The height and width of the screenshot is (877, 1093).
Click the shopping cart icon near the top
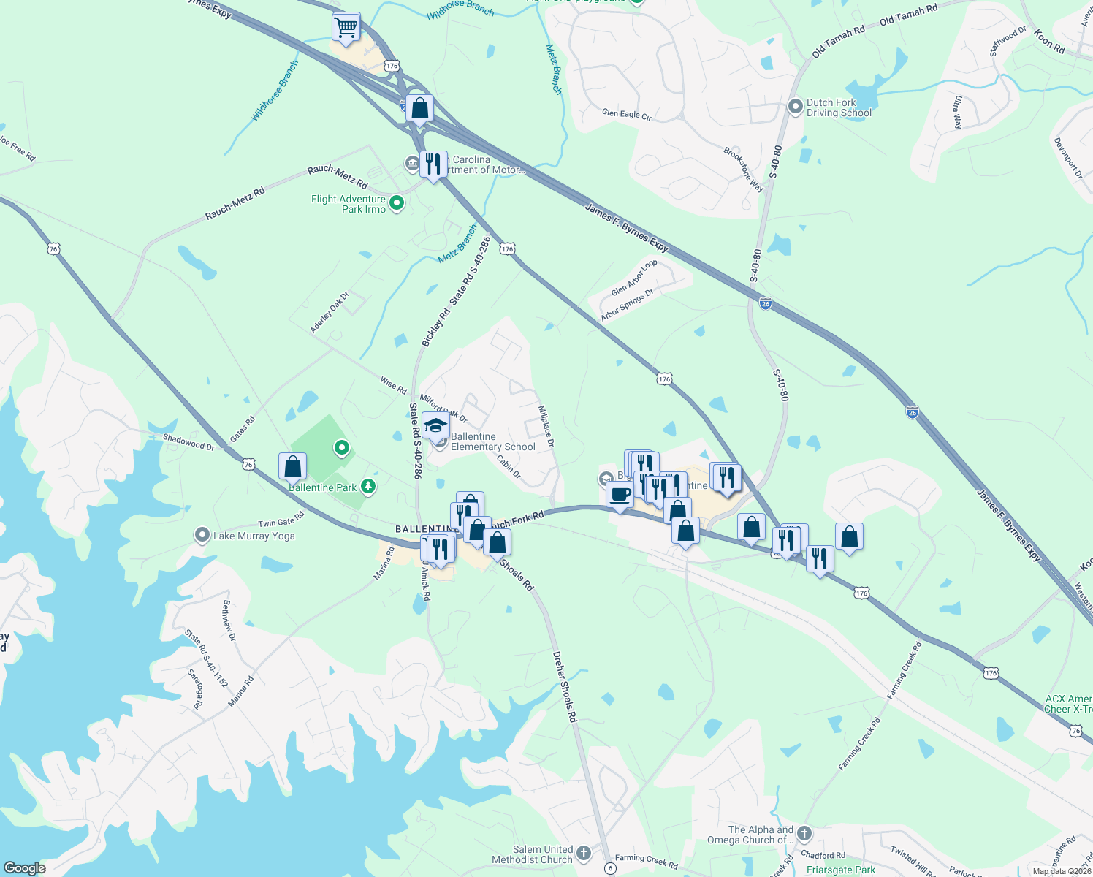(x=346, y=28)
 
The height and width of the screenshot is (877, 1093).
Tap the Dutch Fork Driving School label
(x=839, y=108)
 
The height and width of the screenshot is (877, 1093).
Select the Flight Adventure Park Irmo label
(x=349, y=204)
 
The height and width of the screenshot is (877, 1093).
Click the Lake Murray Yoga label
(x=254, y=536)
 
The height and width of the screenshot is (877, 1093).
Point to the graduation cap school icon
(x=435, y=426)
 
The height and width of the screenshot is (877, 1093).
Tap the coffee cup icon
(x=620, y=495)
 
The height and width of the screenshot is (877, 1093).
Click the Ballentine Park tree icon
(x=369, y=487)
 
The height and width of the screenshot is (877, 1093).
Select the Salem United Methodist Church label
(x=532, y=854)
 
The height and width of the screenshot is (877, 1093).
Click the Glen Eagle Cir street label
(x=627, y=114)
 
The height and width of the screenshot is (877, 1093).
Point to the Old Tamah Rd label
(x=909, y=15)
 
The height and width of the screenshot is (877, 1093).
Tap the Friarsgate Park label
(x=840, y=870)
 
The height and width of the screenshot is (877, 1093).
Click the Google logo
(x=24, y=868)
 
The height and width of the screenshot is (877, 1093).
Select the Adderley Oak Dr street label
(x=330, y=313)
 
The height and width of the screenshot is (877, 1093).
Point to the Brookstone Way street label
(x=744, y=170)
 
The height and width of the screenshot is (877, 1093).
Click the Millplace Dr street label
(x=546, y=426)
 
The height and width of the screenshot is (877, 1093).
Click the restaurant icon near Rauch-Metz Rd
(x=433, y=164)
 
